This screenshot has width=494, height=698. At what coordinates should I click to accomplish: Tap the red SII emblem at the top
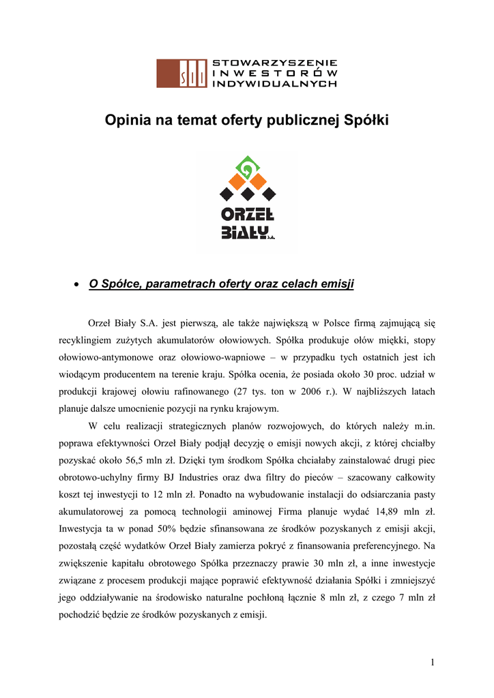click(x=182, y=73)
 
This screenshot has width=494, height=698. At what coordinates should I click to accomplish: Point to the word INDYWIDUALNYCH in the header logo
click(x=275, y=83)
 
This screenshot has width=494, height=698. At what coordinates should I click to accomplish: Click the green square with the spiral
click(x=246, y=166)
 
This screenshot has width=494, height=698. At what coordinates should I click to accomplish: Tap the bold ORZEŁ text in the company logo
click(x=247, y=215)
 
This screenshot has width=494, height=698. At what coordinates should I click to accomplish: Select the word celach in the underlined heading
click(x=298, y=284)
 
